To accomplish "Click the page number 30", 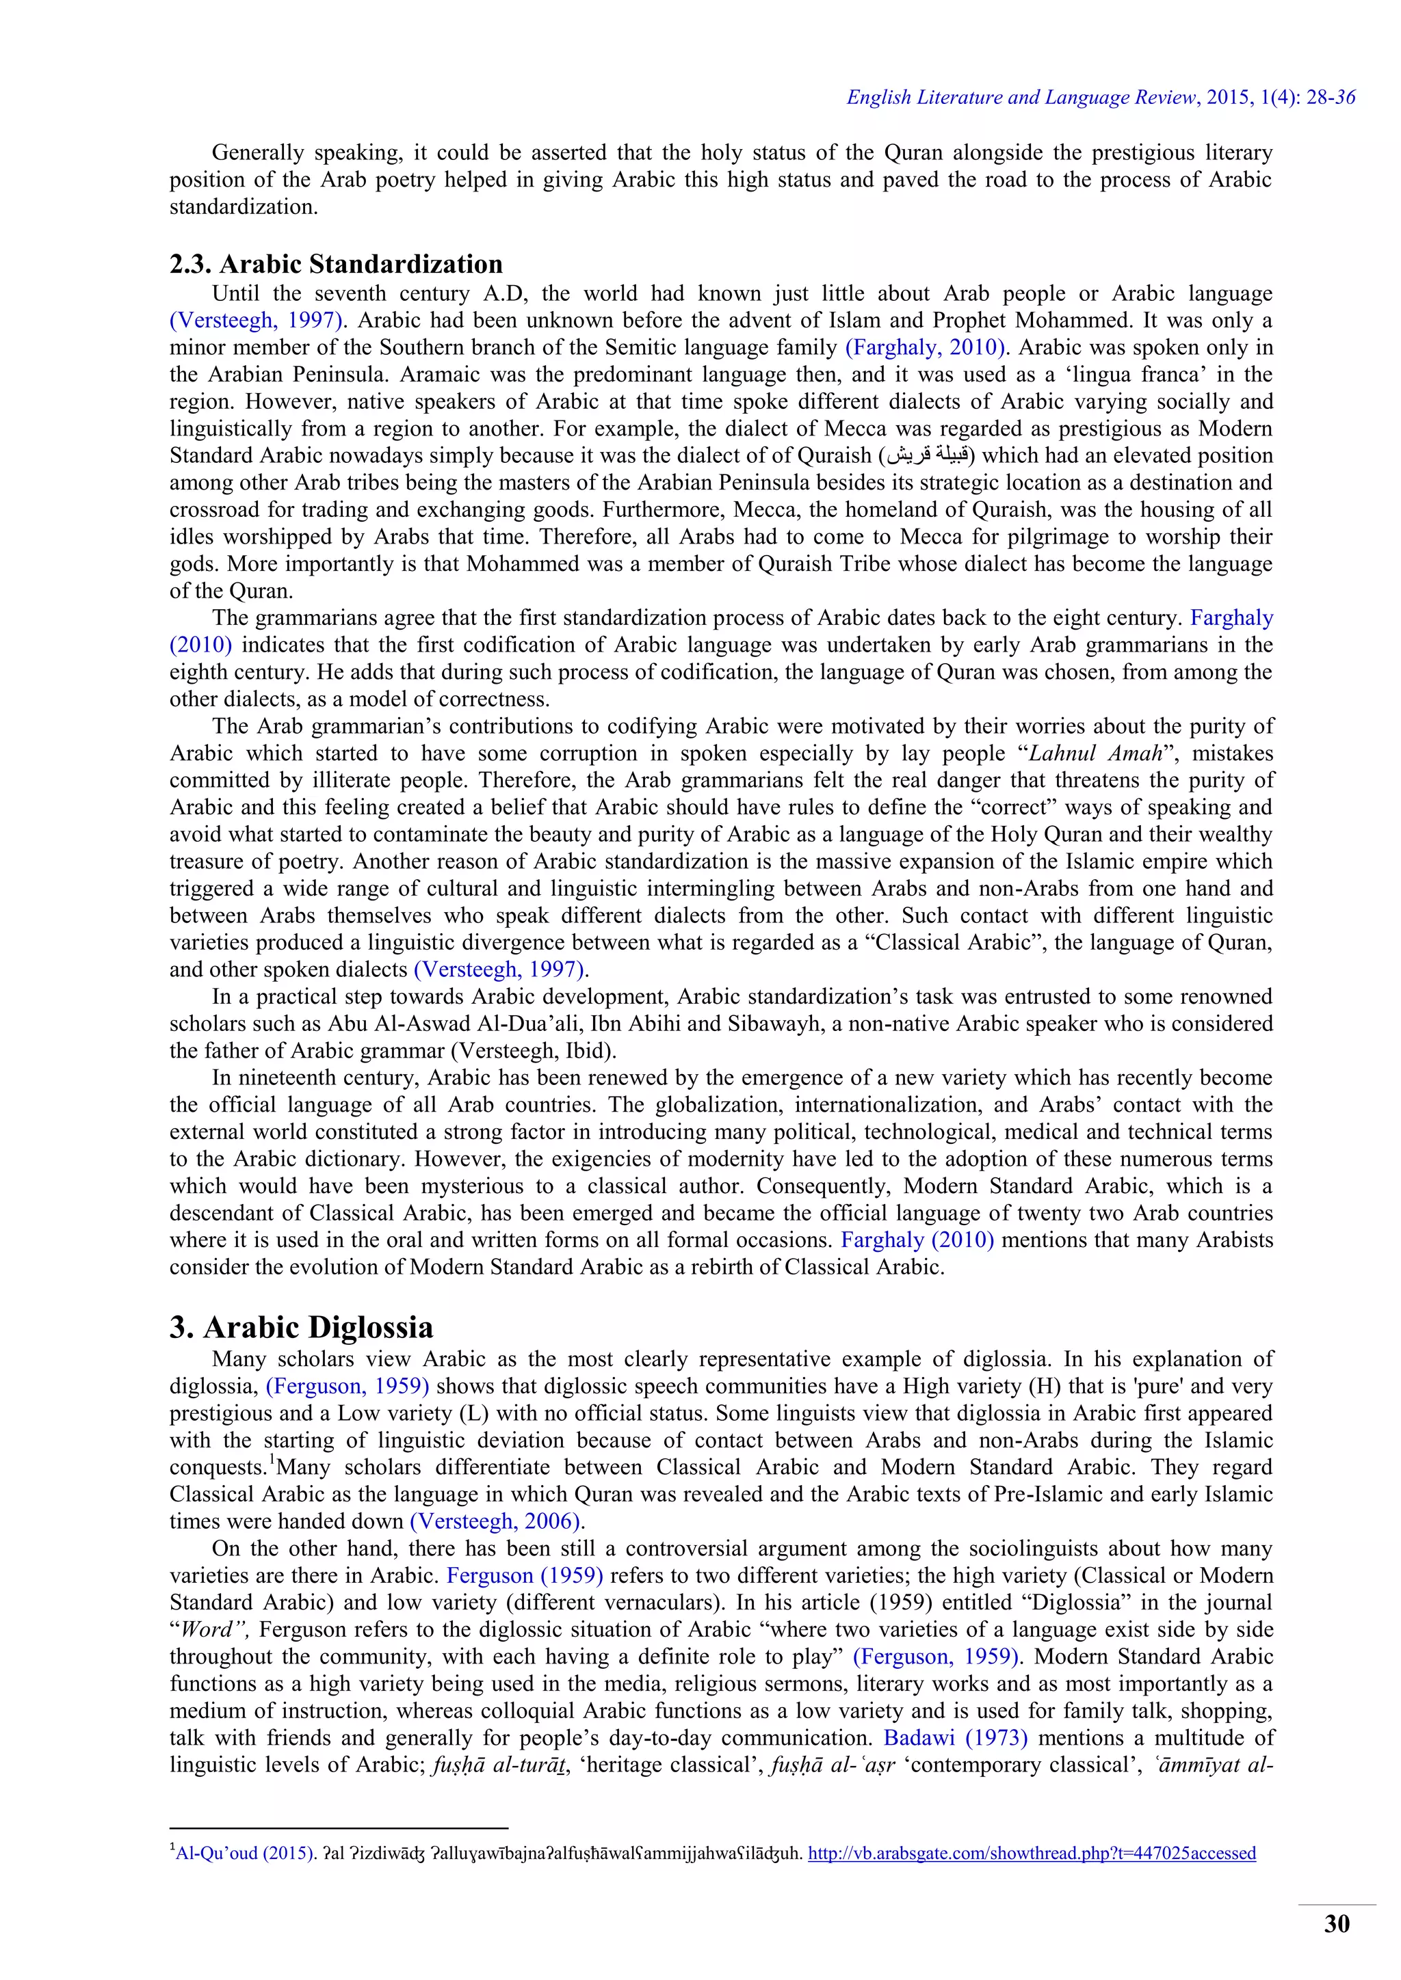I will (x=1336, y=1924).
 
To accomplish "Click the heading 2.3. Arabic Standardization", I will (x=336, y=264).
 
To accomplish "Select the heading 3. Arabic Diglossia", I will (x=301, y=1327).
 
